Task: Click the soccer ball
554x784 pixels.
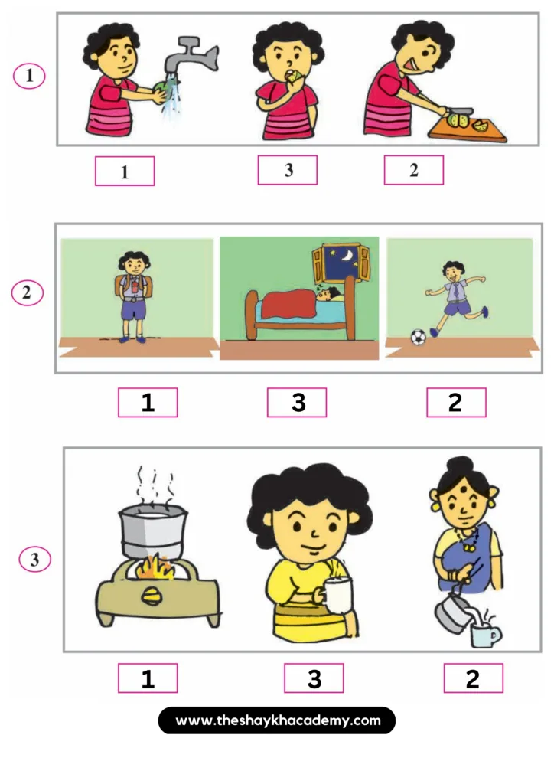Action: [418, 337]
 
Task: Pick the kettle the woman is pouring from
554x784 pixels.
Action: [452, 613]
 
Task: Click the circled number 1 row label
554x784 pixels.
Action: [29, 76]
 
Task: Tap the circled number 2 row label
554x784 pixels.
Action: [28, 292]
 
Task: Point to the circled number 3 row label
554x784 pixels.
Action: [35, 559]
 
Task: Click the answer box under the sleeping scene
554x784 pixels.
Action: [297, 402]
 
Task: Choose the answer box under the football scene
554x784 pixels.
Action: [456, 402]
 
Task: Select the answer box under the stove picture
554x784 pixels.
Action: [148, 678]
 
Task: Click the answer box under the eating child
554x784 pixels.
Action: [287, 170]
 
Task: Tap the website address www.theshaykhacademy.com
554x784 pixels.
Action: [277, 720]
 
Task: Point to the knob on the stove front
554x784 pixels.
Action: [150, 596]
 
